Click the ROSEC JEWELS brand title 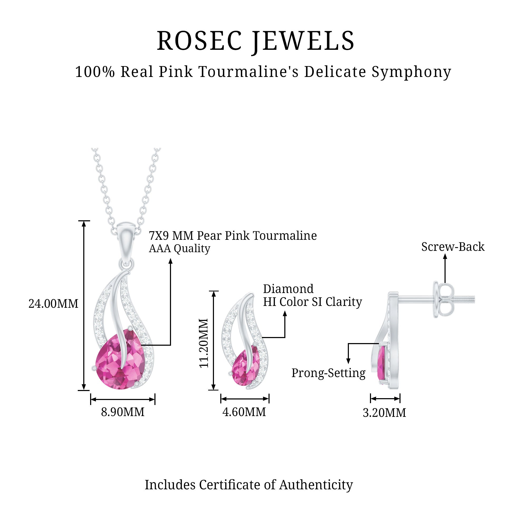[x=256, y=41]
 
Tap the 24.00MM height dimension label [x=53, y=304]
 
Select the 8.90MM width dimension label [x=123, y=412]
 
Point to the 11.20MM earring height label [x=204, y=343]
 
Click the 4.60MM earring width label [x=244, y=412]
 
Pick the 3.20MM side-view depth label [x=384, y=413]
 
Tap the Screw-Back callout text [x=453, y=247]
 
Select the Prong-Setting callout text [x=328, y=373]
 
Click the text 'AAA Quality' [x=179, y=248]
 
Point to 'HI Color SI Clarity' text [x=313, y=302]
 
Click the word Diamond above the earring [x=288, y=289]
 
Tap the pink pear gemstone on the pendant [x=115, y=363]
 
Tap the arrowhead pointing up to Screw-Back [x=445, y=256]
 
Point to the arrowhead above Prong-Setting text [x=348, y=362]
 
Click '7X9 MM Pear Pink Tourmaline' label [x=233, y=235]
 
